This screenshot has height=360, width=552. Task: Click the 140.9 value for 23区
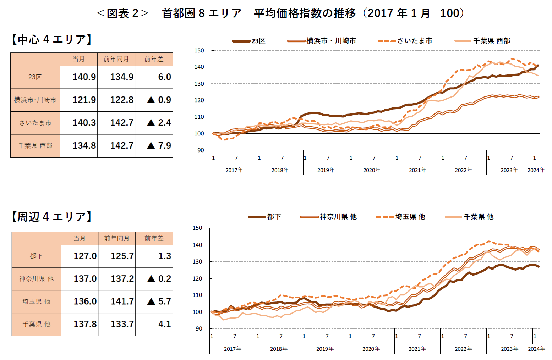[84, 77]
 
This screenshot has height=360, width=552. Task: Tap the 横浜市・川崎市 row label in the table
[35, 100]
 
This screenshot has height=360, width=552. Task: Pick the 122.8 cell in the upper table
[122, 100]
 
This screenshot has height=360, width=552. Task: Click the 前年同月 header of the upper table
[116, 59]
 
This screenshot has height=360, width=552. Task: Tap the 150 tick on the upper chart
[199, 51]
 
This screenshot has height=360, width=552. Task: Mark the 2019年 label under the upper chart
[326, 170]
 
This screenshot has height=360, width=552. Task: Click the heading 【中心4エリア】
[52, 39]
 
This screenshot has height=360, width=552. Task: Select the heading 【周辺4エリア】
[52, 217]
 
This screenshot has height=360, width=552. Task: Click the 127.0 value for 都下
[85, 256]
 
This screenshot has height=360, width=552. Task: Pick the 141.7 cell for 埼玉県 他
[122, 301]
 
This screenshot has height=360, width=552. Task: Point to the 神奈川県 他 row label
[36, 279]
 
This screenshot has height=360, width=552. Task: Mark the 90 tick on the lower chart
[199, 329]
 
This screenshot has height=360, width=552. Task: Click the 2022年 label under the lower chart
[463, 349]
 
